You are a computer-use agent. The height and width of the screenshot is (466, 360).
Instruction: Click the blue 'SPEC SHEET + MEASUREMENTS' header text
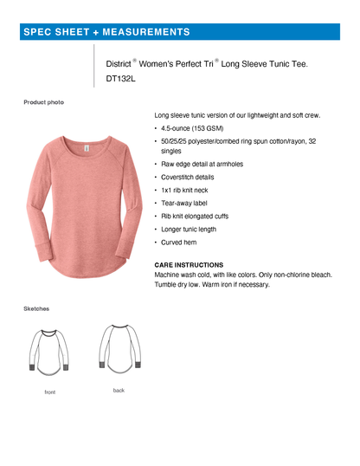pyautogui.click(x=106, y=32)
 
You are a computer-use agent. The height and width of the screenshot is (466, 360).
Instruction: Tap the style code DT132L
pyautogui.click(x=121, y=77)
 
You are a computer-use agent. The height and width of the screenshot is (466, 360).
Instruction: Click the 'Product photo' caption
pyautogui.click(x=43, y=102)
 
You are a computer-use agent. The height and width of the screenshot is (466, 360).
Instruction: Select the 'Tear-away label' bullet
pyautogui.click(x=184, y=203)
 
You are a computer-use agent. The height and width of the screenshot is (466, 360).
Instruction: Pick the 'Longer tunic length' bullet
pyautogui.click(x=189, y=229)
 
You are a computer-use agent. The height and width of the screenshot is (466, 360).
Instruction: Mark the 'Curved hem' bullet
pyautogui.click(x=179, y=243)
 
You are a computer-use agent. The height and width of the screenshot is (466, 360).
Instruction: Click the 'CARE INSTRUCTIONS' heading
pyautogui.click(x=189, y=264)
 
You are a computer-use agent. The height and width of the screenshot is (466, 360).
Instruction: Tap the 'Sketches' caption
pyautogui.click(x=36, y=307)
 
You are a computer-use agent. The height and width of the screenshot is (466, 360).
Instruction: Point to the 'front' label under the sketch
pyautogui.click(x=50, y=392)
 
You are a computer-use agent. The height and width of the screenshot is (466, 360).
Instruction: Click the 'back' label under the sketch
pyautogui.click(x=119, y=391)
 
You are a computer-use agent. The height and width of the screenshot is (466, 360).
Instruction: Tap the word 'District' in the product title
pyautogui.click(x=117, y=64)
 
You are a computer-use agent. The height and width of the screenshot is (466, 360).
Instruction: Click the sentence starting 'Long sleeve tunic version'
pyautogui.click(x=237, y=114)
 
